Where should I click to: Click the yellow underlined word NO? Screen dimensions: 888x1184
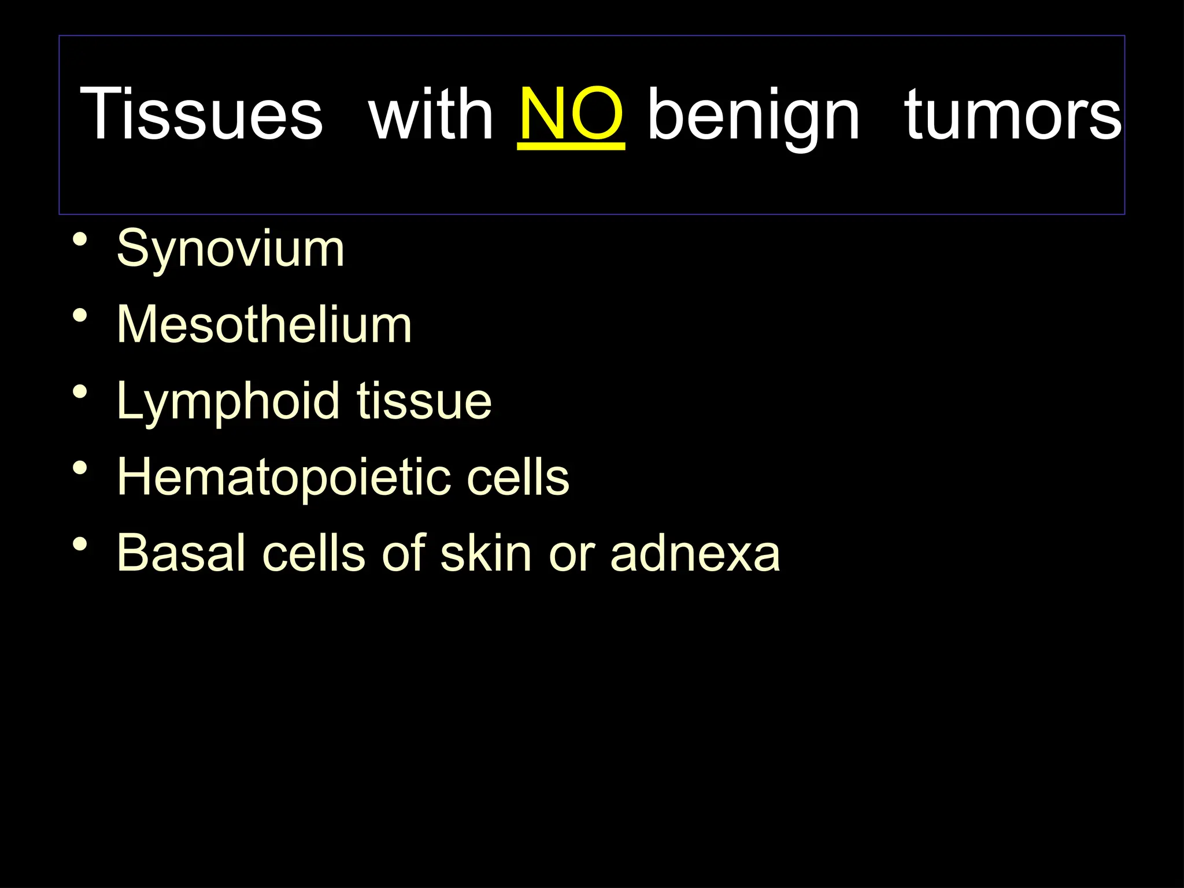[x=571, y=114]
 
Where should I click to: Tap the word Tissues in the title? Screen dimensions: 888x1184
[x=201, y=114]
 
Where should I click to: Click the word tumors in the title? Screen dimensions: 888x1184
[x=1013, y=114]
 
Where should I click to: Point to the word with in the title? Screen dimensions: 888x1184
[x=431, y=114]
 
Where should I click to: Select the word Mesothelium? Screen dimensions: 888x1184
[x=264, y=325]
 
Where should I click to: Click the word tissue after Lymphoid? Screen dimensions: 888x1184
[x=424, y=401]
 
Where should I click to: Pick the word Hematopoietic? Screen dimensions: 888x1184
[x=283, y=478]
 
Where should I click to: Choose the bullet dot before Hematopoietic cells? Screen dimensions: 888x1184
[x=80, y=468]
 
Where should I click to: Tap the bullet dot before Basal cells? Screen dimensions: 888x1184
[x=80, y=544]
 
